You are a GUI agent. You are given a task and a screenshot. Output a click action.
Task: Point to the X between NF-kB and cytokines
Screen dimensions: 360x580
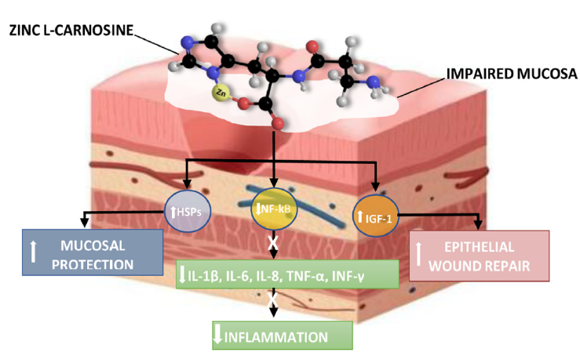[273, 243]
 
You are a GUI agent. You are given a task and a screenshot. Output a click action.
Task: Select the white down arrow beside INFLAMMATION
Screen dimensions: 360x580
[219, 336]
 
